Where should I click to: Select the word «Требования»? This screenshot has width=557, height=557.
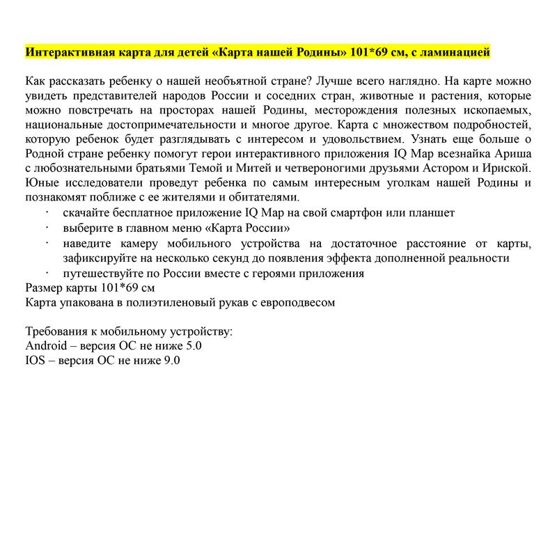click(x=56, y=331)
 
